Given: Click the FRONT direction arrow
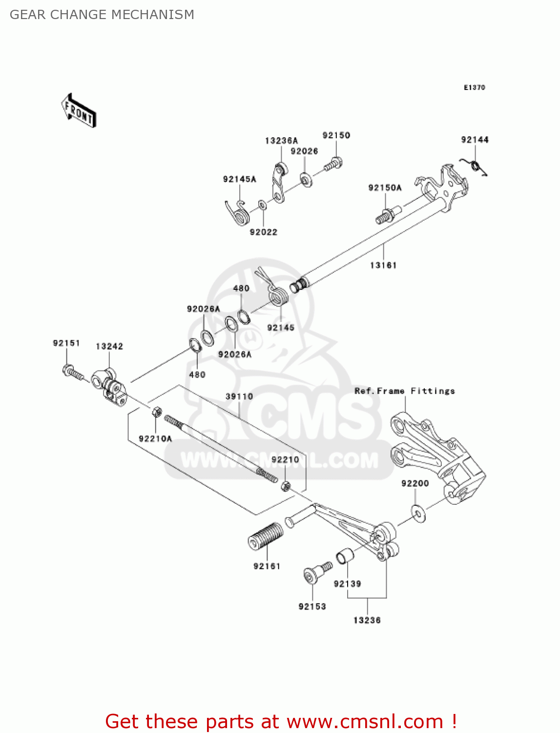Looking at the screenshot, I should [x=78, y=111].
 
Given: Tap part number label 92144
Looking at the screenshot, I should [x=475, y=140].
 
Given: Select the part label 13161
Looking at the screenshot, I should [x=383, y=265].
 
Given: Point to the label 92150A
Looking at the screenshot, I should [x=385, y=188].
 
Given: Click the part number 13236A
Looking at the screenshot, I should [x=281, y=141].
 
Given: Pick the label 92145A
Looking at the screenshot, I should [x=239, y=179].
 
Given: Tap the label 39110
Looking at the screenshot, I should [x=239, y=396].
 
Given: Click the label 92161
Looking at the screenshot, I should [x=267, y=566].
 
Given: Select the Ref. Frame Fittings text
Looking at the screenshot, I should [x=404, y=391].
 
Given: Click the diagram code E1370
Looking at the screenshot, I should [x=474, y=87].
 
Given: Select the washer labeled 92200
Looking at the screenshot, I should [x=418, y=514].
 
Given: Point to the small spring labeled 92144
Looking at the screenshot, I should [x=475, y=166].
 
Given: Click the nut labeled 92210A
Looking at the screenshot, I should [x=157, y=411].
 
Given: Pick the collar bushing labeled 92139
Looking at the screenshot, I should [x=345, y=556].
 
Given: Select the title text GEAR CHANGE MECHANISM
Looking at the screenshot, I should [x=102, y=15].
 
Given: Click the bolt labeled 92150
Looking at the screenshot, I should [x=333, y=164].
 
